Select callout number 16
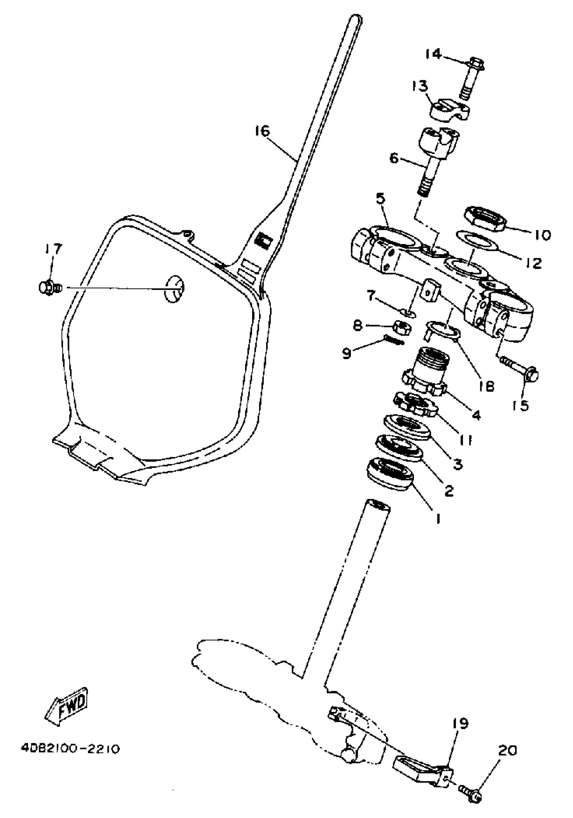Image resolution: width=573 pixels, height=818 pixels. pos(263,131)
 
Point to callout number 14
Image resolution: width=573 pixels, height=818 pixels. pos(433,54)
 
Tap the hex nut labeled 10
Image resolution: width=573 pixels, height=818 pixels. pos(485,217)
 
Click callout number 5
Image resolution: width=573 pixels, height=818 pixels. pos(381,199)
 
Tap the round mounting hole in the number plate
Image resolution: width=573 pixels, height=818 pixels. pos(175,289)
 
